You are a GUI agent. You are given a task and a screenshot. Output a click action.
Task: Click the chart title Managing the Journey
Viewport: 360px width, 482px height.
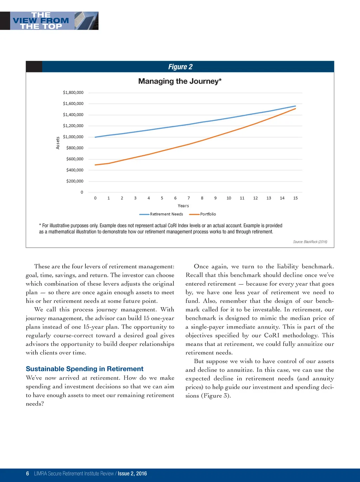(x=180, y=81)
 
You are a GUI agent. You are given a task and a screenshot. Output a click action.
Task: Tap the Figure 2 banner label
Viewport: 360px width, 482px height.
(x=180, y=67)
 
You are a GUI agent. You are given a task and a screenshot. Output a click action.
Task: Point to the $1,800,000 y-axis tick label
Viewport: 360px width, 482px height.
(x=73, y=93)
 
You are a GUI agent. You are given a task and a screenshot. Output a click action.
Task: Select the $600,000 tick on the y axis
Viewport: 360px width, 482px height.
(x=75, y=159)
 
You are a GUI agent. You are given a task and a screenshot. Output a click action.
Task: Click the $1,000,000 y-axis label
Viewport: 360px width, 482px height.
(x=73, y=137)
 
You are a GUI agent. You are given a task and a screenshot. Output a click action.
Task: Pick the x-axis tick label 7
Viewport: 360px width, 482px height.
(x=189, y=198)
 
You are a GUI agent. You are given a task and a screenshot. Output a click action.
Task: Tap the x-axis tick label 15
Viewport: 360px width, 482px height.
(x=295, y=198)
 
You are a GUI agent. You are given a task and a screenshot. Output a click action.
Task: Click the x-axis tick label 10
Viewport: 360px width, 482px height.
(x=229, y=198)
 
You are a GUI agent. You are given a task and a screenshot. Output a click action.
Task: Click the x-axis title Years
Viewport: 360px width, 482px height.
(x=183, y=206)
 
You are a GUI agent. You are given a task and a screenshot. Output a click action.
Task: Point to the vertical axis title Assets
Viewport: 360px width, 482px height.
(x=58, y=143)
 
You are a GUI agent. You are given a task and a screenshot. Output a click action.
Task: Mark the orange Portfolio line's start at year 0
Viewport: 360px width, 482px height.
(x=95, y=165)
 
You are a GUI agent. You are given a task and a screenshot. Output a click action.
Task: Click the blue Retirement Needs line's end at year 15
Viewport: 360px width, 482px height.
(x=295, y=106)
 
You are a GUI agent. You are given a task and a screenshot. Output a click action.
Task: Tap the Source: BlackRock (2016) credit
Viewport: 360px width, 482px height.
(x=310, y=242)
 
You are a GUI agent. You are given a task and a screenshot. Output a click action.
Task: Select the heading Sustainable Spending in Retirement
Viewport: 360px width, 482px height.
(x=84, y=369)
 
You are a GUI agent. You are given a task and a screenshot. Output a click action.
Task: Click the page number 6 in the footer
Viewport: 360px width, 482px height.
(x=27, y=474)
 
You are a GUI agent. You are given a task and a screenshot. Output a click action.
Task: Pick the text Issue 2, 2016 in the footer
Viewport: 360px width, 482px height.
(x=132, y=474)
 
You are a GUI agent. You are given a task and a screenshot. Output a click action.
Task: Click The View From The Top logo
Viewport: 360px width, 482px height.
(x=49, y=20)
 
